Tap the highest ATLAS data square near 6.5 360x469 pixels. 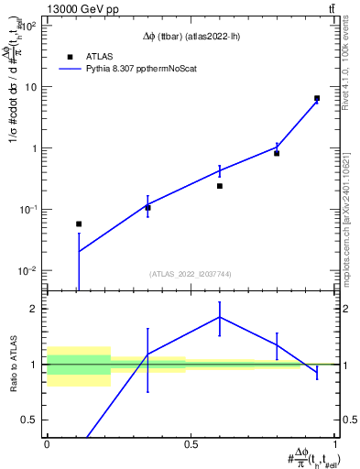(317, 98)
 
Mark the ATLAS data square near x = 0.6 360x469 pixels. (220, 186)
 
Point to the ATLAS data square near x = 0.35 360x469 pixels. (147, 208)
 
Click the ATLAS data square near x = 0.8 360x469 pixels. (277, 153)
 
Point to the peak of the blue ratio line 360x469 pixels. (220, 317)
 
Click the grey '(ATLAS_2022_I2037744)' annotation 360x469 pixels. (191, 274)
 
